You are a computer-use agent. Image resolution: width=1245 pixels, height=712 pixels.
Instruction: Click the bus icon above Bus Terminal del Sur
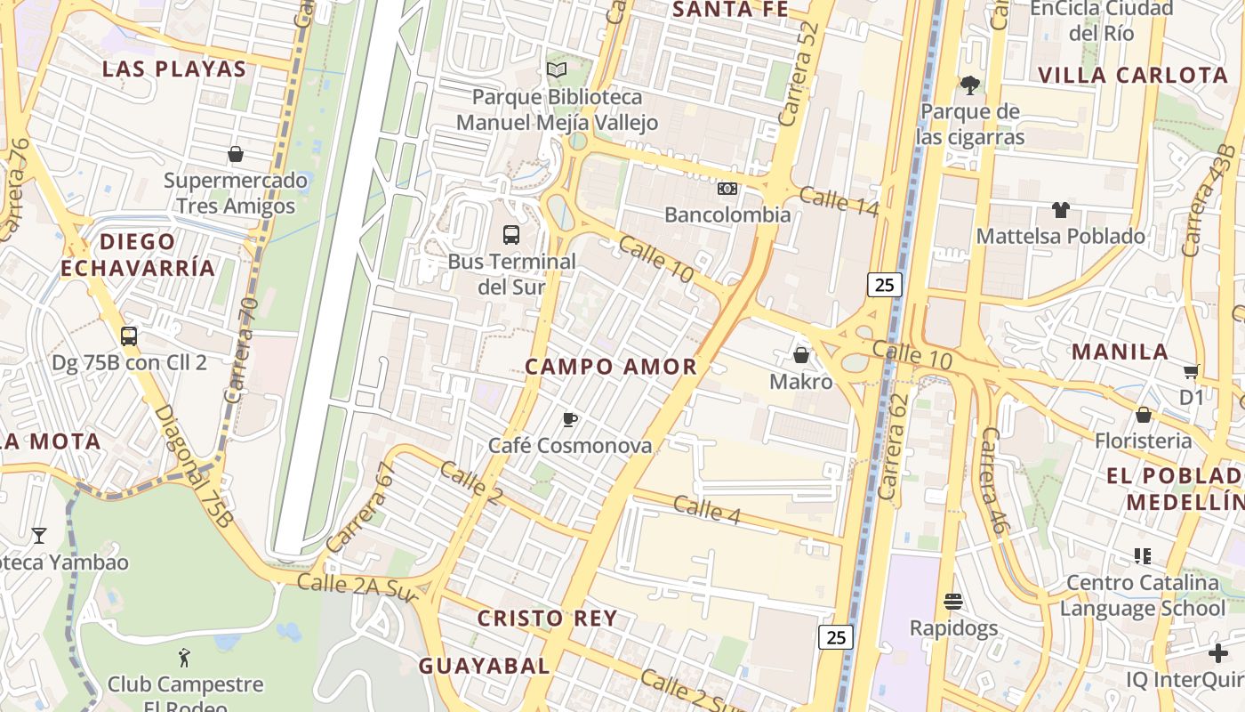click(510, 235)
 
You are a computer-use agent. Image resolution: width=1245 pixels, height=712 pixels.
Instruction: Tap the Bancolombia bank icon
click(727, 189)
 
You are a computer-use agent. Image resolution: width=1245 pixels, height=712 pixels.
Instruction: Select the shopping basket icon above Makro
click(801, 356)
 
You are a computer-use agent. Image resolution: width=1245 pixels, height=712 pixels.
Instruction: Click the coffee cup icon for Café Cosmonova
click(570, 419)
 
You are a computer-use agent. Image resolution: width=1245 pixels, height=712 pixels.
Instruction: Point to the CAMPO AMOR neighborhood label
click(611, 367)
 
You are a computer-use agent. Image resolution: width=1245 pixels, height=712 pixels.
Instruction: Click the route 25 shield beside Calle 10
click(884, 285)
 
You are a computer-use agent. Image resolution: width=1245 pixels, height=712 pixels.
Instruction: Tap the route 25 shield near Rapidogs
click(836, 637)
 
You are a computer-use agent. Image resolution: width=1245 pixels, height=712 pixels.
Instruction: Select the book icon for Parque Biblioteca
click(557, 70)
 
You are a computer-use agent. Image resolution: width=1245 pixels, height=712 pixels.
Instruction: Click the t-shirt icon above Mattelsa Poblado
click(1060, 210)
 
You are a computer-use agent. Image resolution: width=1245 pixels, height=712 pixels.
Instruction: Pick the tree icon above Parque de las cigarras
click(970, 85)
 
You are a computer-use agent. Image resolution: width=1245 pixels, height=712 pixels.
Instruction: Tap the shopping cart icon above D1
click(1191, 371)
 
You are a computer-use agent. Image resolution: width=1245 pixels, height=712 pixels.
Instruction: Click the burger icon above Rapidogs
click(953, 603)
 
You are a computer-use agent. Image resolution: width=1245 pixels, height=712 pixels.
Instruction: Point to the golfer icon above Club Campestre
click(185, 659)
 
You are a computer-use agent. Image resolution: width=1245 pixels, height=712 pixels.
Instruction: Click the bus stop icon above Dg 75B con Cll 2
click(129, 336)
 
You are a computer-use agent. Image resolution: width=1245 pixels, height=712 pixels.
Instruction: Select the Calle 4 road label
click(707, 510)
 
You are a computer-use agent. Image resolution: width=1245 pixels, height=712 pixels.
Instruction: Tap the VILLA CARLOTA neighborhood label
click(1133, 76)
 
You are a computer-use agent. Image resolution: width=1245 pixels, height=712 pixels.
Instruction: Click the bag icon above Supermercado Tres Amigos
click(236, 155)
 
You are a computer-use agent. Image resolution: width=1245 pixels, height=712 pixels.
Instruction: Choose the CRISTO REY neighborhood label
click(547, 619)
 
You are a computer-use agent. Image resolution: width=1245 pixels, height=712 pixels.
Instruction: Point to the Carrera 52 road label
click(797, 85)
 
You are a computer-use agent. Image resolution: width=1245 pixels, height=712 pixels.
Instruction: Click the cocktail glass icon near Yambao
click(39, 536)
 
